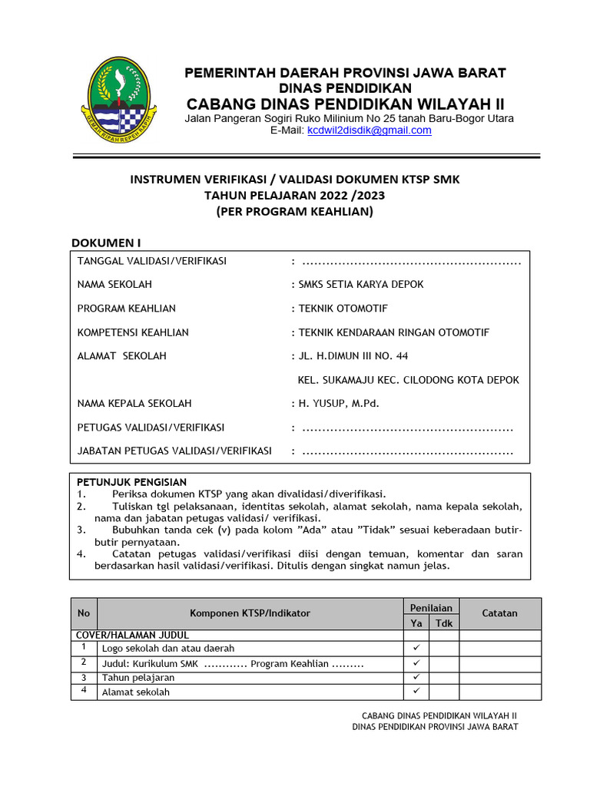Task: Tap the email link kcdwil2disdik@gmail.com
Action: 369,130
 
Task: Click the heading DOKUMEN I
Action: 106,243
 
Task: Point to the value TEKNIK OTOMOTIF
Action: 343,309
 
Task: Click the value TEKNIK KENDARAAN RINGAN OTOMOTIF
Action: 393,332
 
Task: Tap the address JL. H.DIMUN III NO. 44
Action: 353,356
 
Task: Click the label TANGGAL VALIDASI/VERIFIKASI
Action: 152,261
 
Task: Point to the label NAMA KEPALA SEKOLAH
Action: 134,403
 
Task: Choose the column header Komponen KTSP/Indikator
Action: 250,613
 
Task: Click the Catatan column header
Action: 499,613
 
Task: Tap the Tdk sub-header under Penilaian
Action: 444,623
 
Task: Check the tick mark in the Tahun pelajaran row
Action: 416,677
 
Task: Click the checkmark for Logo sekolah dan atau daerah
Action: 416,648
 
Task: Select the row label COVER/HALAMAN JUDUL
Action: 131,636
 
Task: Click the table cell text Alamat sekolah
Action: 136,692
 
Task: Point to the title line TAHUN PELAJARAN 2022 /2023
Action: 294,195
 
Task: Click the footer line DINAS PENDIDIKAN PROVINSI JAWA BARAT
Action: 435,726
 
